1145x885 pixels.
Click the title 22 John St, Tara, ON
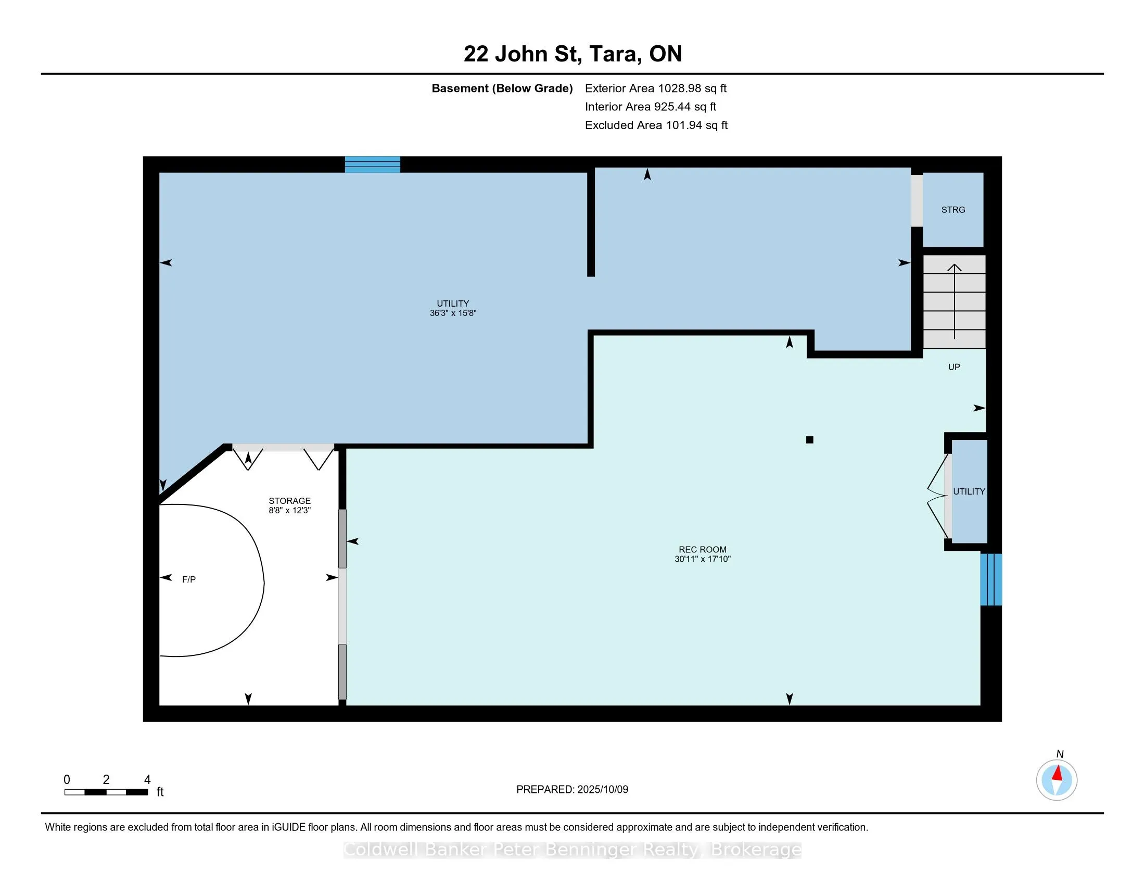[x=572, y=54]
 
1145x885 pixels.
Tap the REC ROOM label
[x=703, y=549]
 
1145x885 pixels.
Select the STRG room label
[x=953, y=210]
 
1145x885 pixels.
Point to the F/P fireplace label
[x=189, y=579]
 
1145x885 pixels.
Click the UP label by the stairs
[x=954, y=367]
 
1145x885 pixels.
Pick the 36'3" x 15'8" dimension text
[x=453, y=313]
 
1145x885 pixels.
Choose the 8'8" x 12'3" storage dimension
[x=290, y=510]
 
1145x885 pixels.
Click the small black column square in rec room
[x=810, y=440]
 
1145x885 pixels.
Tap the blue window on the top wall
[x=372, y=165]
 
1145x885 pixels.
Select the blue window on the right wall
[x=991, y=579]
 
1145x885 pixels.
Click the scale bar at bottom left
[x=106, y=792]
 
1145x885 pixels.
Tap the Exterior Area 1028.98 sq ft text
[x=656, y=88]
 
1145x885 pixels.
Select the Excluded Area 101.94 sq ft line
[x=656, y=125]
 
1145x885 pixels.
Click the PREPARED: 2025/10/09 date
[x=572, y=789]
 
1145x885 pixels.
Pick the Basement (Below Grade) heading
[x=502, y=88]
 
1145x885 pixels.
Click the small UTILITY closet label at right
[x=969, y=491]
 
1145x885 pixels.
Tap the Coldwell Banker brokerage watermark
[x=572, y=850]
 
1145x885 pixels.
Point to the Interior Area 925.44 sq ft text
[x=651, y=106]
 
